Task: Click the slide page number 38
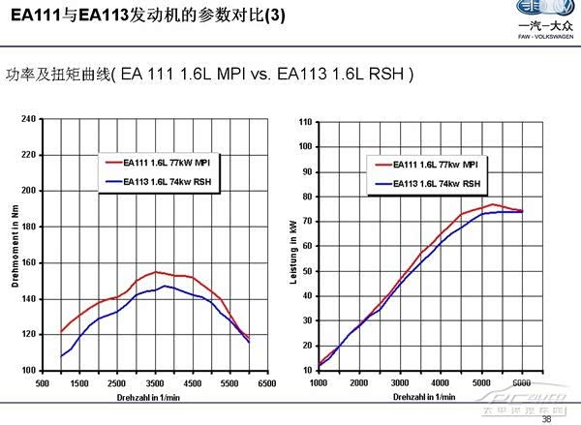click(x=547, y=418)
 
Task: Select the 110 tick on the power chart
click(x=305, y=122)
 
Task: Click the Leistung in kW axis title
click(x=291, y=244)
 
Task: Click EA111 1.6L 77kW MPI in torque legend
click(x=163, y=165)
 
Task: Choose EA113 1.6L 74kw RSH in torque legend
click(x=163, y=181)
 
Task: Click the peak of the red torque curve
click(x=156, y=272)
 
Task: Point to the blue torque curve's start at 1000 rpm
click(x=62, y=356)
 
